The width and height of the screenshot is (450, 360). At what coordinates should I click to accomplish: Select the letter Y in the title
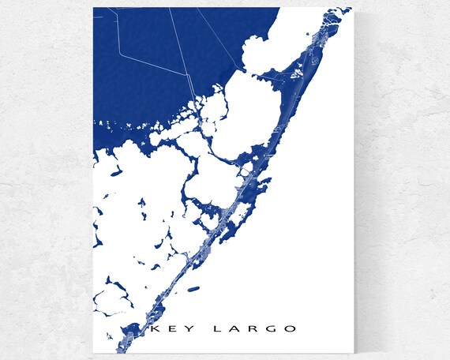[181, 328]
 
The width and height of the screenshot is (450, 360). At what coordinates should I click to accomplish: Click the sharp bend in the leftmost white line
[119, 56]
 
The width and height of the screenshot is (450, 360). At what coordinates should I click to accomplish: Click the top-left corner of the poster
[93, 8]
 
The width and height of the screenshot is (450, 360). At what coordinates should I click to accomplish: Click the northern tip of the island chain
[348, 9]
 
